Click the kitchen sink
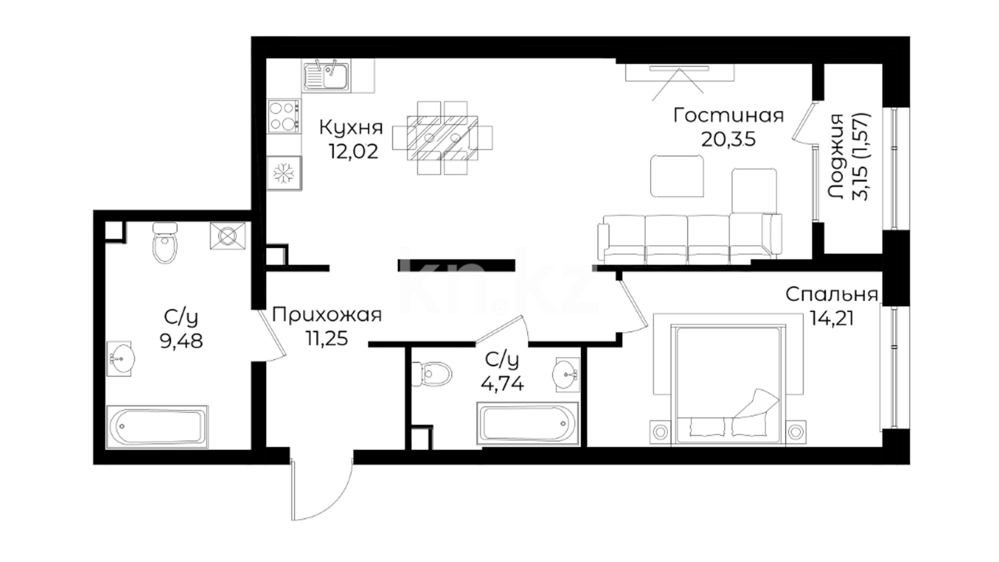[x=326, y=75]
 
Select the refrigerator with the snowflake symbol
[x=284, y=172]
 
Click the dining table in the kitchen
[x=442, y=138]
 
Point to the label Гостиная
[x=728, y=115]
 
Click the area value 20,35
[x=728, y=139]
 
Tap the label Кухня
[x=351, y=127]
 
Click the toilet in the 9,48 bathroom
[x=165, y=242]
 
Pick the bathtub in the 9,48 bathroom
[x=157, y=427]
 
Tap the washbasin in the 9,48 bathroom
[x=120, y=358]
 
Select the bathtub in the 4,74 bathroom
[x=528, y=424]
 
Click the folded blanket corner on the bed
[x=756, y=403]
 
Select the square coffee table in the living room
[x=677, y=176]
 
